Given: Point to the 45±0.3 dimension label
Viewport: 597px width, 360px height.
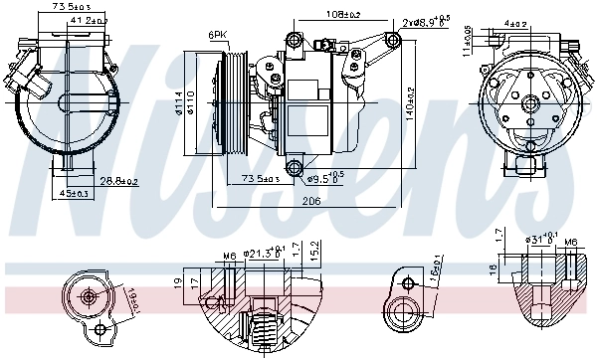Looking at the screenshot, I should pyautogui.click(x=75, y=193).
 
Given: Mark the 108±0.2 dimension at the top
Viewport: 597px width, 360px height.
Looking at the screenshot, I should pyautogui.click(x=344, y=15).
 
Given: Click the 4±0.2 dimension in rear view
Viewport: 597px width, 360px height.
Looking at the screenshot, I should pyautogui.click(x=514, y=21).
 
